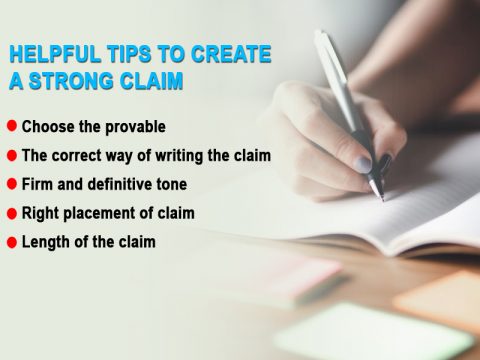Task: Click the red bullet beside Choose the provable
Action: click(x=11, y=126)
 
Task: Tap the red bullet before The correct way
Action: click(x=11, y=155)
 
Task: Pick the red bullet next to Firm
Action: click(x=11, y=184)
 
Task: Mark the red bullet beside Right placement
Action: click(x=11, y=213)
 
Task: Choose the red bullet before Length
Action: click(x=11, y=242)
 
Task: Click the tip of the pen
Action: click(x=377, y=197)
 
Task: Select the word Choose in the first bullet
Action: click(x=48, y=127)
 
